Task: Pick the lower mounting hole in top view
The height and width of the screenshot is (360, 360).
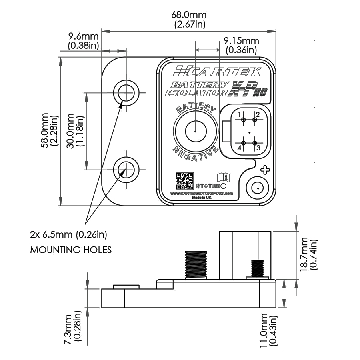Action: pyautogui.click(x=126, y=170)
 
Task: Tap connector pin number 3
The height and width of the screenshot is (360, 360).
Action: pyautogui.click(x=254, y=143)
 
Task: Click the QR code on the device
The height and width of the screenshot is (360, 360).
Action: pyautogui.click(x=185, y=181)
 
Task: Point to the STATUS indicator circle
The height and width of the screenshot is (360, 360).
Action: pyautogui.click(x=224, y=186)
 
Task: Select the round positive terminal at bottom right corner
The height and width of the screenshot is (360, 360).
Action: pyautogui.click(x=258, y=187)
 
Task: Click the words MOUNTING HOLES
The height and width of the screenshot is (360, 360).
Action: pyautogui.click(x=71, y=250)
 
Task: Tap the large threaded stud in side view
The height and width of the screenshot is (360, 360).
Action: pyautogui.click(x=195, y=264)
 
